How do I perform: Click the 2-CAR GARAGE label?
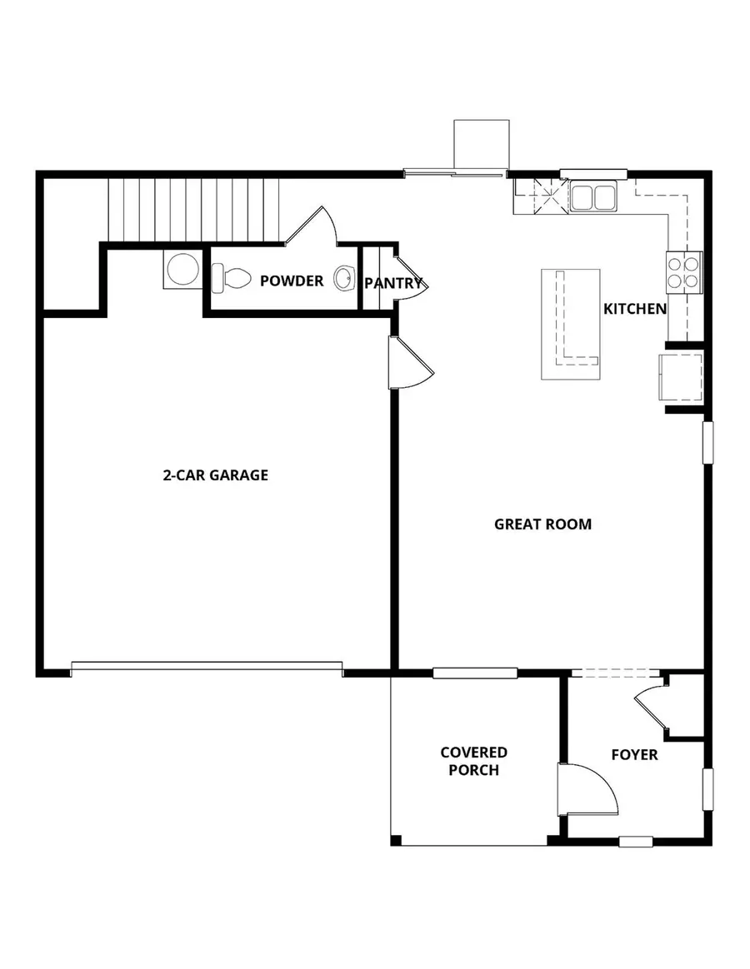click(215, 475)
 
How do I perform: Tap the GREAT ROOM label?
click(542, 524)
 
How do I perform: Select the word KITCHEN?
click(635, 309)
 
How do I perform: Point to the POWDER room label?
click(292, 281)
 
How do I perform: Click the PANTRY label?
click(393, 283)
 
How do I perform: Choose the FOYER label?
click(634, 755)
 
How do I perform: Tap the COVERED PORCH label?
click(473, 761)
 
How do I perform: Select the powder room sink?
click(343, 278)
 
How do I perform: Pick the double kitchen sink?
click(592, 196)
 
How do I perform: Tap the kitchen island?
click(571, 324)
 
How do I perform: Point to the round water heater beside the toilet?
click(182, 271)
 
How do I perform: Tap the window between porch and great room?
click(475, 673)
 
